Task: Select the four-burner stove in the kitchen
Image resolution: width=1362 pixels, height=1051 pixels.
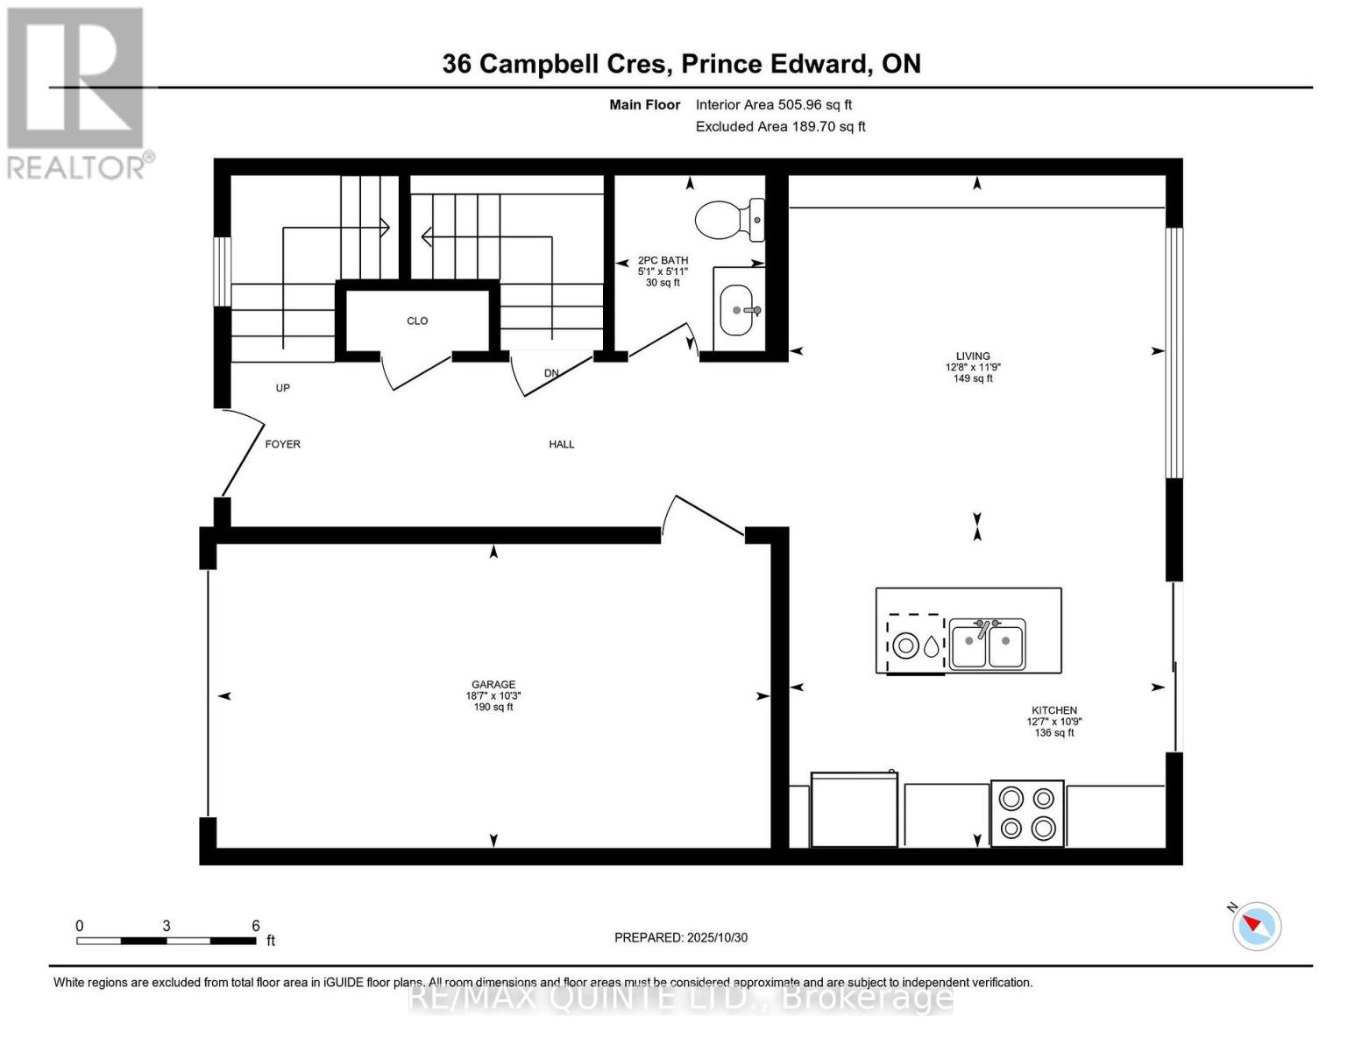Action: (1027, 814)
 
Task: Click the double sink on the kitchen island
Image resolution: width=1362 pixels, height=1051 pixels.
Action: (987, 645)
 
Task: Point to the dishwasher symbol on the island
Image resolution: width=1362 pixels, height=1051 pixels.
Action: (916, 645)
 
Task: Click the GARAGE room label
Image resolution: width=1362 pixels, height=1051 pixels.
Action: (493, 685)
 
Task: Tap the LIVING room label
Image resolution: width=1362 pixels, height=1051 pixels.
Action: (973, 356)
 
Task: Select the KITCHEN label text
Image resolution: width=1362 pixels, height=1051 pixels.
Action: (1053, 710)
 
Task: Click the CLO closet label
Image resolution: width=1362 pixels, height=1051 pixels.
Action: (417, 321)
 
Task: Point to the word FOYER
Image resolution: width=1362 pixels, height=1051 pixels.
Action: (282, 444)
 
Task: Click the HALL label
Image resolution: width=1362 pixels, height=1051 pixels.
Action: (562, 444)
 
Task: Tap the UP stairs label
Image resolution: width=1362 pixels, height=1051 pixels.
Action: (282, 388)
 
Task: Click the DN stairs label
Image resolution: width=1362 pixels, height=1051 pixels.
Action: (551, 373)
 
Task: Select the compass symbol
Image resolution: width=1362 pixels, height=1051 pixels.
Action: (1257, 925)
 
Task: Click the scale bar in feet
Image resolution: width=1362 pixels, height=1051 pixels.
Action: (167, 941)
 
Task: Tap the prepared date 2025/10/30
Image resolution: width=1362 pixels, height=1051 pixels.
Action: (681, 937)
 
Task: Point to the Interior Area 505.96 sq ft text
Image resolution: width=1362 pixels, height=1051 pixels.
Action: (773, 104)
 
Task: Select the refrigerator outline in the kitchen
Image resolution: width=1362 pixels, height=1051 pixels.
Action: (855, 810)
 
